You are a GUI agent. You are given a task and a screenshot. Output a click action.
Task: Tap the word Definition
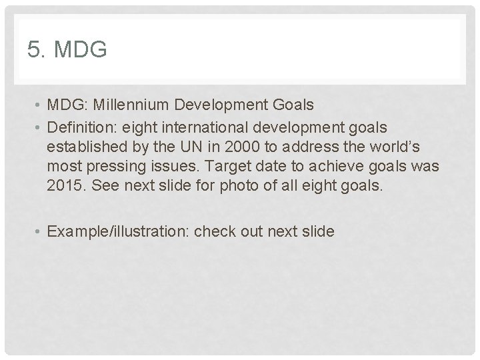coord(78,127)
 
